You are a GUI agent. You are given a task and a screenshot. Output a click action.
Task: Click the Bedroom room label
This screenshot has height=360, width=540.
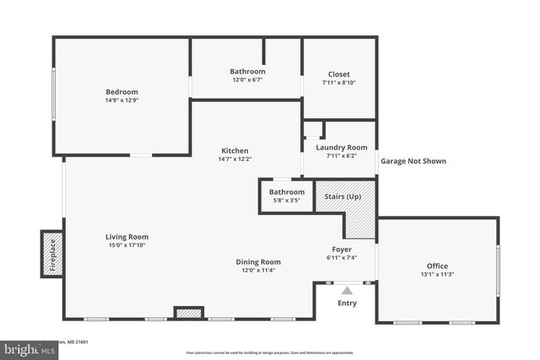click(121, 92)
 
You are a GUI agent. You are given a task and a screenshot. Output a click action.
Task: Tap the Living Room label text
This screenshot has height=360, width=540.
click(127, 237)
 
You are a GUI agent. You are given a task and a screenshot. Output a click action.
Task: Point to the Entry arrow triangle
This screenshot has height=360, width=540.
click(347, 291)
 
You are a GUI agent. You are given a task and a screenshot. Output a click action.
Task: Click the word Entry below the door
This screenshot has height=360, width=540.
click(347, 304)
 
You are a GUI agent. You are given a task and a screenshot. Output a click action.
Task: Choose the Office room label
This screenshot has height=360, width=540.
click(437, 266)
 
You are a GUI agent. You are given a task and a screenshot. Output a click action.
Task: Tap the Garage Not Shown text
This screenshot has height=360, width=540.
click(413, 161)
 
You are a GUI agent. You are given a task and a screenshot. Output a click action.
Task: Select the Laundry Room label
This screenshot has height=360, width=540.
click(342, 148)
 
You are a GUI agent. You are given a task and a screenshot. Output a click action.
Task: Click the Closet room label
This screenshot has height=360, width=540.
click(338, 74)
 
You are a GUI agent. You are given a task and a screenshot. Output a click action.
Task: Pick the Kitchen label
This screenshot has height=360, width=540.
click(235, 150)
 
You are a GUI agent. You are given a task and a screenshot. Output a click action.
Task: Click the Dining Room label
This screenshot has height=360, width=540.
click(258, 261)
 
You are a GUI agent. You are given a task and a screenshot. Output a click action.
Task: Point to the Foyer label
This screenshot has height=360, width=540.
click(342, 250)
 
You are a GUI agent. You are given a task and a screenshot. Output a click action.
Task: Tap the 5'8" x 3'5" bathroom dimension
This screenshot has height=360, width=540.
click(287, 201)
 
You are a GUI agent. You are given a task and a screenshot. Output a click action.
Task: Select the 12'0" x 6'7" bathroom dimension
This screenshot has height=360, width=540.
click(247, 80)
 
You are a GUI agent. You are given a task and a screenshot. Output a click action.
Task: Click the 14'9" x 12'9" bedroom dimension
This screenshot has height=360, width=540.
click(121, 100)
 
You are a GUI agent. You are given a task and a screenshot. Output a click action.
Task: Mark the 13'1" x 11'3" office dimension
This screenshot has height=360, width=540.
click(437, 274)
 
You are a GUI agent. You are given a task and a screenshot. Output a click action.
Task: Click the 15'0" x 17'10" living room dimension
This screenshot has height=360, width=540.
click(127, 245)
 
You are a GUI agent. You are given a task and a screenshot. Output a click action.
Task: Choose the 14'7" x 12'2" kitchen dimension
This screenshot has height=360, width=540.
click(235, 159)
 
